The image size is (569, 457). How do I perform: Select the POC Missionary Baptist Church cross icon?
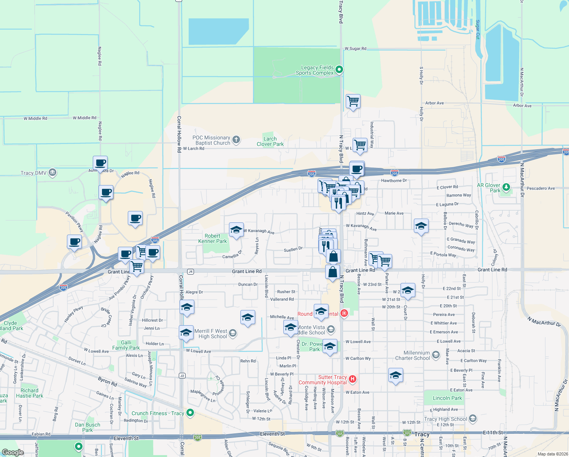(236, 140)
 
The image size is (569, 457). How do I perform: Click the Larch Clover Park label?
(270, 142)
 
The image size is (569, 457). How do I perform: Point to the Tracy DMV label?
(33, 173)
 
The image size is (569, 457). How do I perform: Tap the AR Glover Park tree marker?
(506, 187)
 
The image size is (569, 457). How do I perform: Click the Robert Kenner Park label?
(212, 238)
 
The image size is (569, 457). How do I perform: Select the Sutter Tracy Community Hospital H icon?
(353, 379)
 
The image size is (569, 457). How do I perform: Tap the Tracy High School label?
(445, 419)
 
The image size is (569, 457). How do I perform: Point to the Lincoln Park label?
(447, 398)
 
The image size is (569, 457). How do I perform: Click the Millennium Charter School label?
(413, 356)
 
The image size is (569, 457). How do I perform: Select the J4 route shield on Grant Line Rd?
(191, 272)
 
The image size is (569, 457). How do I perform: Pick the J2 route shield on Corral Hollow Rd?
(182, 376)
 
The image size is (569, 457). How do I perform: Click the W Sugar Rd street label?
(355, 49)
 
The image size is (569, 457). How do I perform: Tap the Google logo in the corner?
(13, 452)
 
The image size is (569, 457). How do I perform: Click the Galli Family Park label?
(126, 345)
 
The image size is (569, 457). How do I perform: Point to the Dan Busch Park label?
(87, 427)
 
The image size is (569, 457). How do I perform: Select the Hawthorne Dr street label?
(394, 181)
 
